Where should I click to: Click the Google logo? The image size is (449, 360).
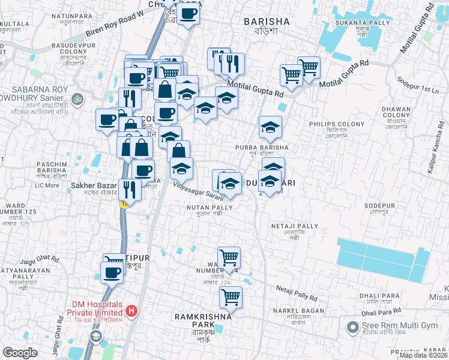click(20, 353)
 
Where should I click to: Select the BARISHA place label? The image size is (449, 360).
click(267, 22)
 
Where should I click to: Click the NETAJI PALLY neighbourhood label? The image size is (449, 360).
click(295, 226)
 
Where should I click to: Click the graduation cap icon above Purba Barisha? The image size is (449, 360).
click(270, 127)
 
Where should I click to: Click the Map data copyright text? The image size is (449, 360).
click(423, 355)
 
